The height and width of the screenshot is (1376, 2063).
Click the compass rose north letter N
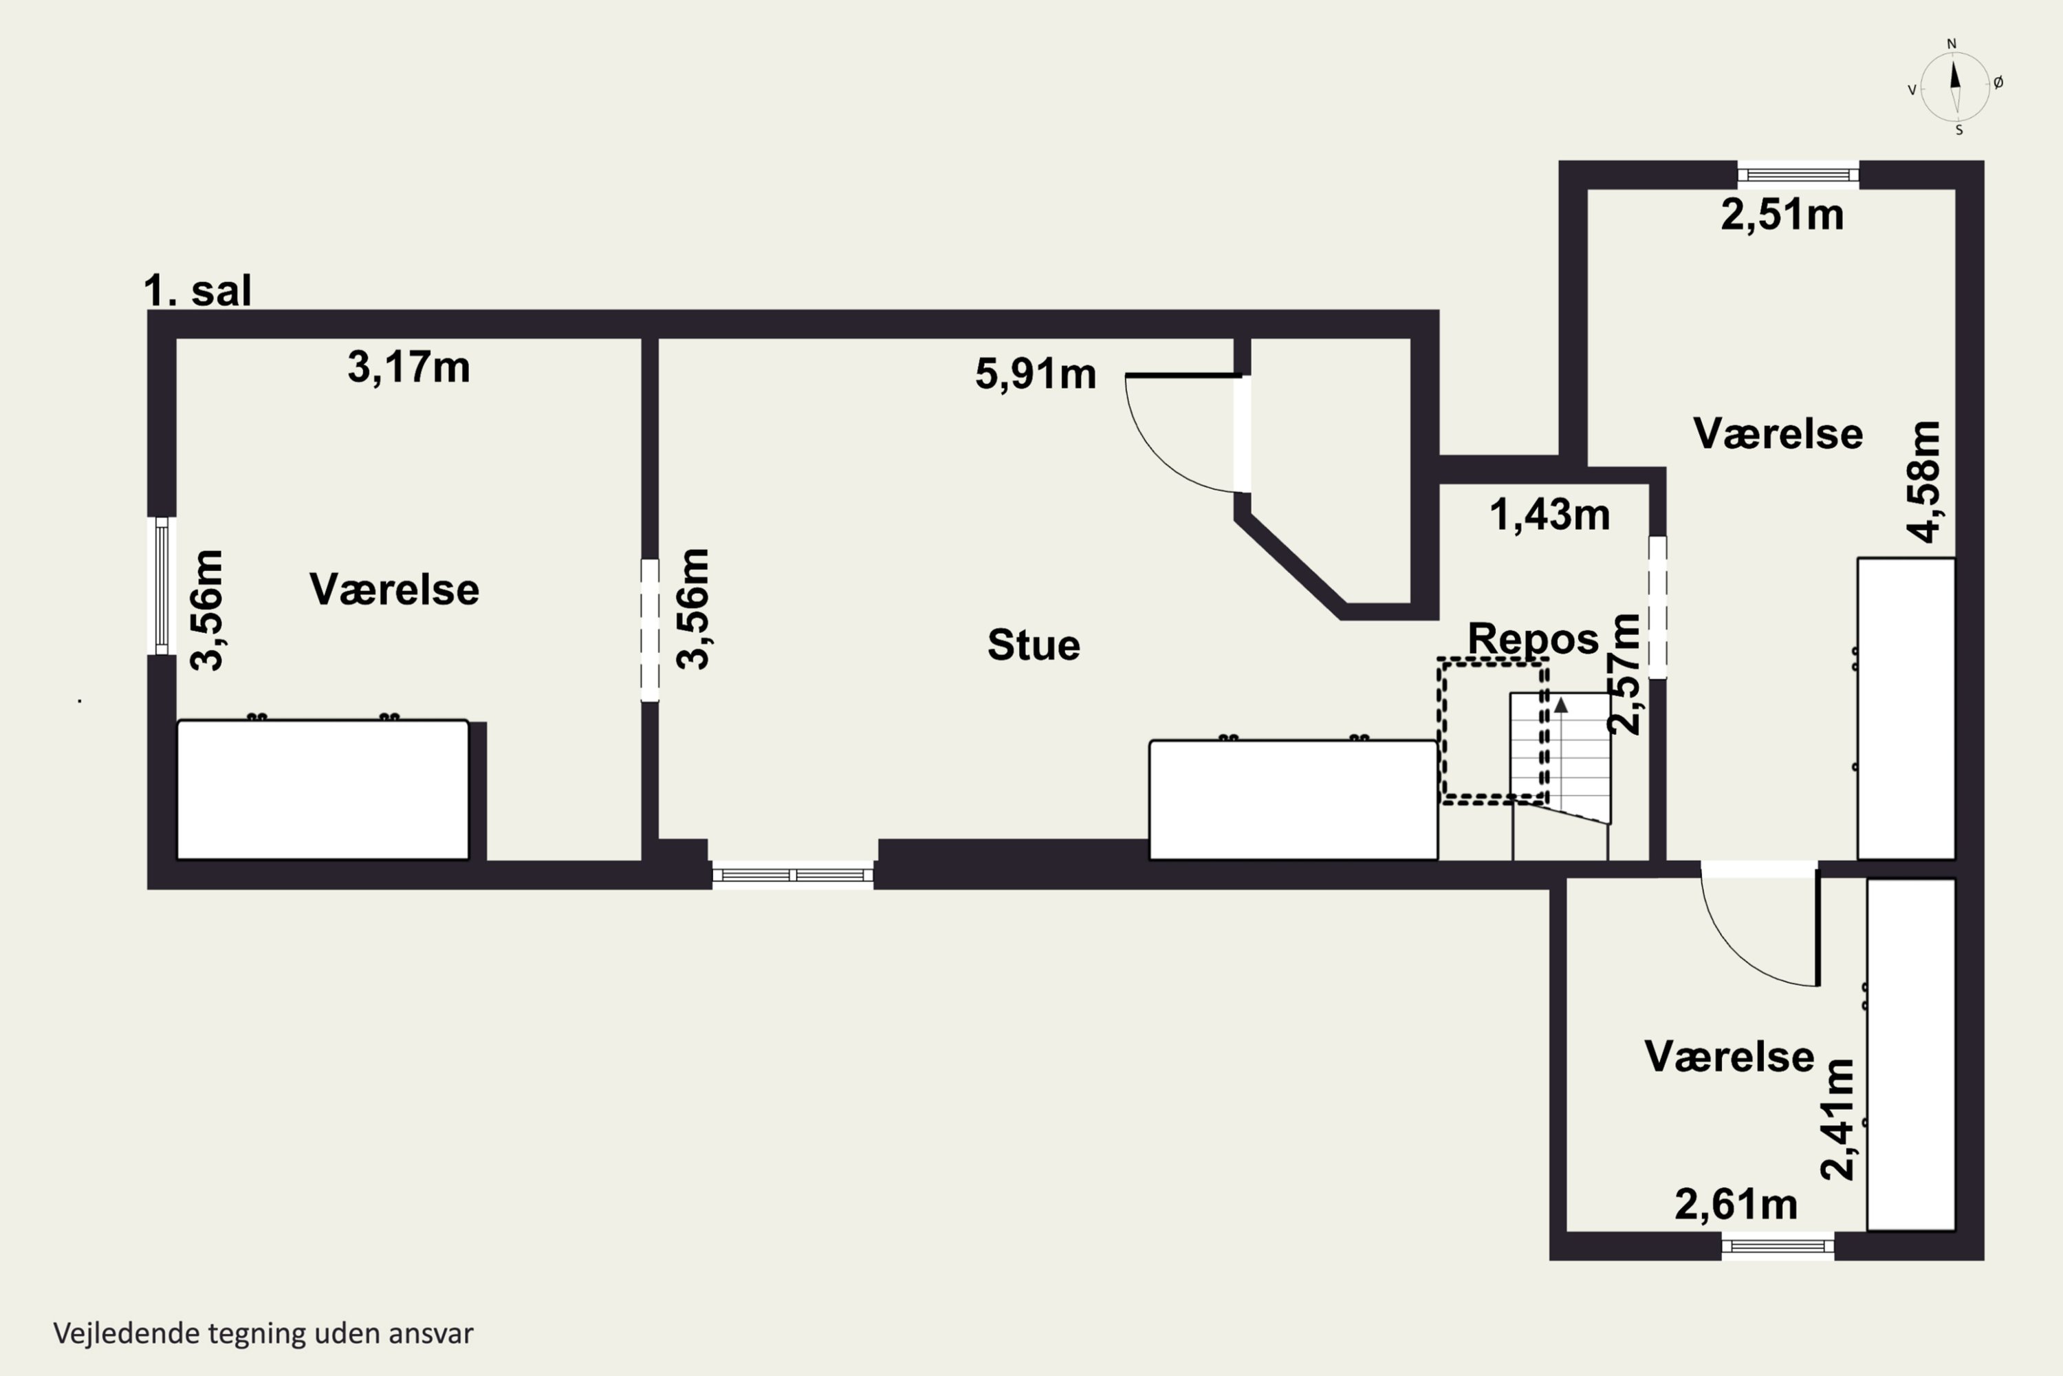pyautogui.click(x=1952, y=44)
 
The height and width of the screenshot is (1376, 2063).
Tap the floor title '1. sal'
pyautogui.click(x=197, y=290)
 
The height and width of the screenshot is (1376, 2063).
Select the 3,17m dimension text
pyautogui.click(x=408, y=367)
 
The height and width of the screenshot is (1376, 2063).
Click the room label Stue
pyautogui.click(x=1034, y=645)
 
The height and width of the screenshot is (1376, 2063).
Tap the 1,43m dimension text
pyautogui.click(x=1550, y=515)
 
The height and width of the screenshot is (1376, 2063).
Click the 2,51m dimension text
pyautogui.click(x=1782, y=215)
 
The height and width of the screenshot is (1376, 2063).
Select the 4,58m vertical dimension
pyautogui.click(x=1925, y=482)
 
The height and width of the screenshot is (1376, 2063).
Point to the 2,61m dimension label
pyautogui.click(x=1736, y=1205)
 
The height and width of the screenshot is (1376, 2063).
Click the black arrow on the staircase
pyautogui.click(x=1561, y=704)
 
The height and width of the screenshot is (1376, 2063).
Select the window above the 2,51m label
pyautogui.click(x=1798, y=175)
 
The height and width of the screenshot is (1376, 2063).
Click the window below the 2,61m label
pyautogui.click(x=1778, y=1246)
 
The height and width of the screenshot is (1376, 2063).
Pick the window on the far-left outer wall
pyautogui.click(x=162, y=585)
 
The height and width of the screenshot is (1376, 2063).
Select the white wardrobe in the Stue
pyautogui.click(x=1293, y=799)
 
